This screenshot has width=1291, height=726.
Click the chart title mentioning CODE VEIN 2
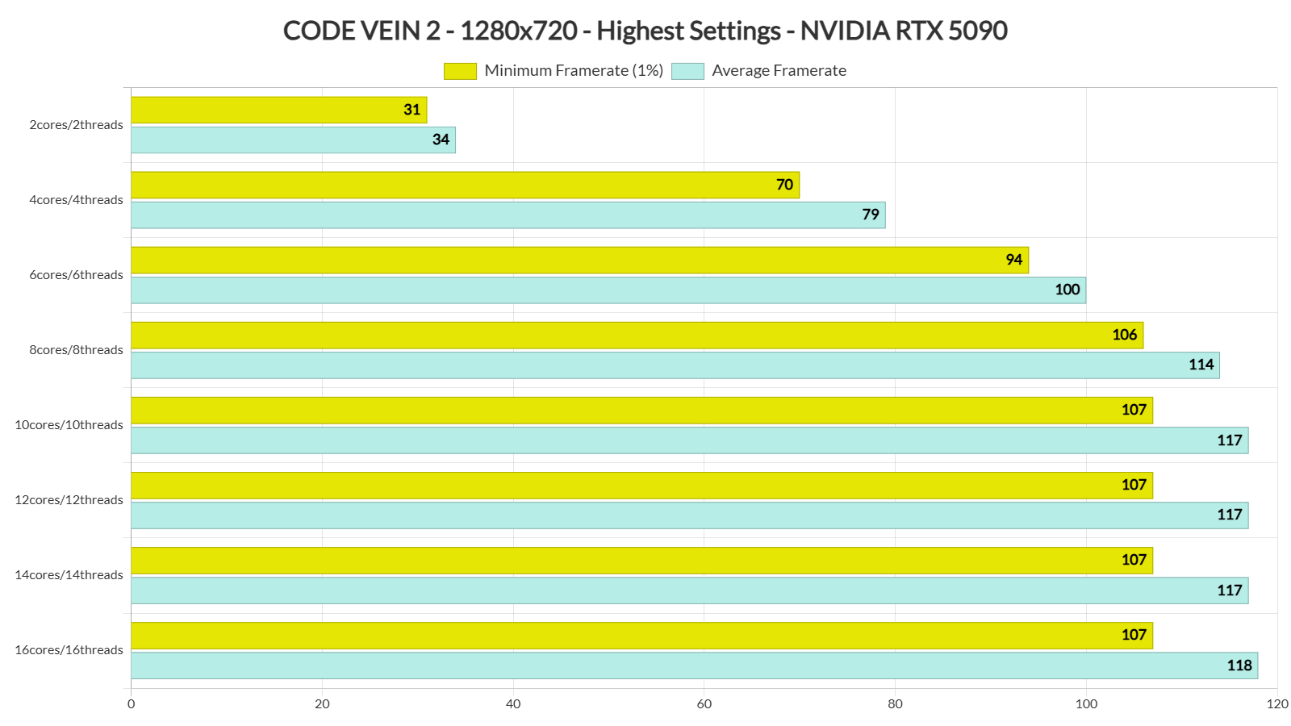tap(645, 31)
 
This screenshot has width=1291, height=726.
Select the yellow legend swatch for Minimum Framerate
tap(460, 71)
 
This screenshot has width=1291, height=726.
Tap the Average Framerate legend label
tap(779, 71)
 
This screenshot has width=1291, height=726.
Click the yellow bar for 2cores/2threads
tap(278, 110)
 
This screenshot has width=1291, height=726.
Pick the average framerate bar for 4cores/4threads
tap(508, 215)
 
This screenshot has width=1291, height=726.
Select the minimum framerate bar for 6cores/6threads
tap(579, 260)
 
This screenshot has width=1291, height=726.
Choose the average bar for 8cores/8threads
tap(675, 365)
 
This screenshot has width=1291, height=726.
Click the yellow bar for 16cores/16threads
tap(641, 635)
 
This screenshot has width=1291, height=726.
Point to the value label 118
tap(1239, 665)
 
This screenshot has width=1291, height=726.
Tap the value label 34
tap(441, 140)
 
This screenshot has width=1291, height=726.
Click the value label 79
tap(871, 215)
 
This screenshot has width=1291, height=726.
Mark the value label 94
tap(1014, 260)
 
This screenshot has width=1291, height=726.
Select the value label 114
tap(1201, 365)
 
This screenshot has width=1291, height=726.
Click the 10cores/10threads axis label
tap(69, 425)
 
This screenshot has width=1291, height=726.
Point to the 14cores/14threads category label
tap(69, 575)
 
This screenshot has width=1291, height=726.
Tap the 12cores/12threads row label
tap(69, 500)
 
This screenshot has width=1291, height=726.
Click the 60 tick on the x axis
tap(704, 704)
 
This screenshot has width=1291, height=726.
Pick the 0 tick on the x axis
tap(132, 704)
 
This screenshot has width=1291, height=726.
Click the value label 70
tap(784, 185)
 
